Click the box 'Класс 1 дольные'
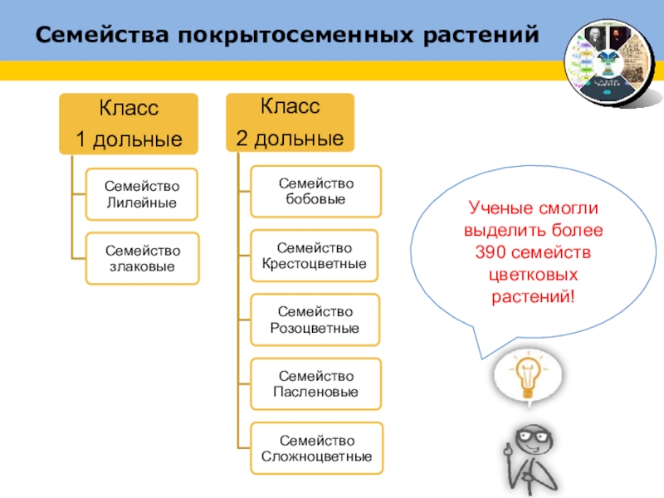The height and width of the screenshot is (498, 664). [128, 123]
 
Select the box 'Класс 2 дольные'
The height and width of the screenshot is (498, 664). [290, 122]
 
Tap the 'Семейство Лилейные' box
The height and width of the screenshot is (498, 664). [142, 194]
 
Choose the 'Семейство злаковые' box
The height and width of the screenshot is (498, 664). [142, 258]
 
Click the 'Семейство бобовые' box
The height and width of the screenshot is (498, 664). [316, 191]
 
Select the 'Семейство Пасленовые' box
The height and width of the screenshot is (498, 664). [316, 383]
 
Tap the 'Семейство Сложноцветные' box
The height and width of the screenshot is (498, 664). [316, 448]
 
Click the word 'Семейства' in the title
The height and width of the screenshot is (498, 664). [101, 36]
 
